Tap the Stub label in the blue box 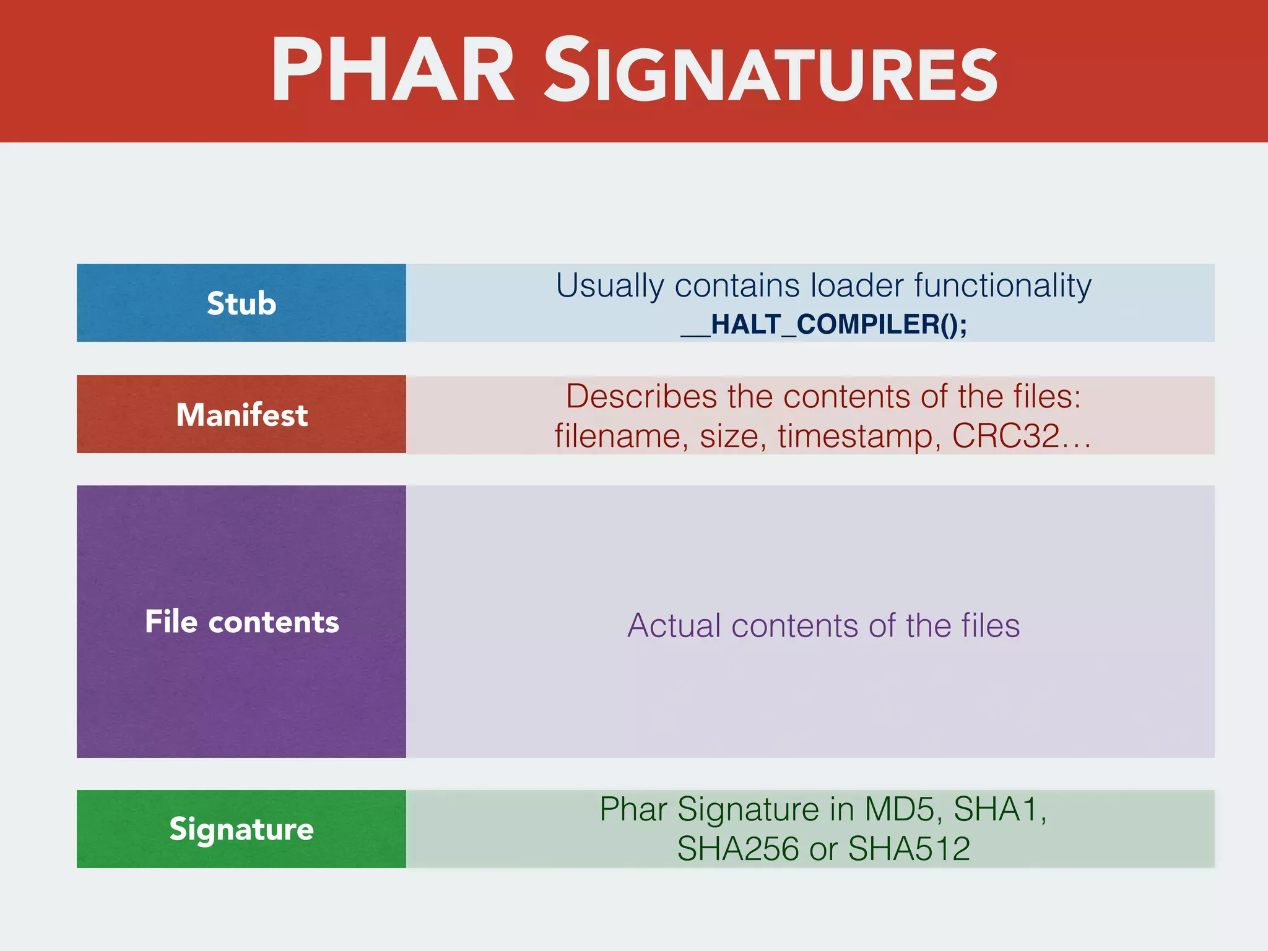[241, 303]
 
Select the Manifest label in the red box [241, 415]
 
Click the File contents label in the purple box [241, 622]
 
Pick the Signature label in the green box [241, 829]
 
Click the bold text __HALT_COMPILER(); [823, 324]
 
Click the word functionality [1002, 286]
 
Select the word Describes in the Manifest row [641, 396]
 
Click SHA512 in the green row [909, 849]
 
